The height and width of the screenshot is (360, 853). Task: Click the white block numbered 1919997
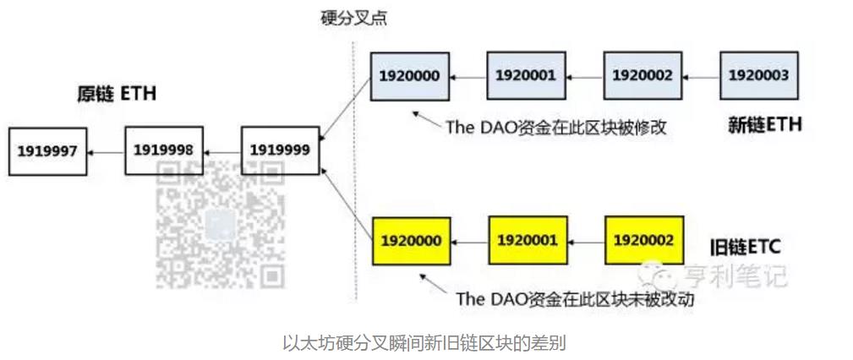[47, 151]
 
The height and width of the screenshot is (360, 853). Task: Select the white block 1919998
[164, 151]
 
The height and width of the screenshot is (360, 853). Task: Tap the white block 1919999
[280, 151]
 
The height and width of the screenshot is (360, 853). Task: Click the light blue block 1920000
[409, 76]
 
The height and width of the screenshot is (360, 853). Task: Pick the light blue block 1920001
[526, 76]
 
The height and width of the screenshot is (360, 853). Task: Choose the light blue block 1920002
[642, 76]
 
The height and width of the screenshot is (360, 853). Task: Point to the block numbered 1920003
[758, 76]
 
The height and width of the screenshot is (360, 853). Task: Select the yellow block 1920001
[527, 241]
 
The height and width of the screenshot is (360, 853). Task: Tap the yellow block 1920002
[644, 241]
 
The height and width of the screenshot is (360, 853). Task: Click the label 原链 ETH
[117, 94]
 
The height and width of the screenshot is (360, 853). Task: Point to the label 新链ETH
[764, 125]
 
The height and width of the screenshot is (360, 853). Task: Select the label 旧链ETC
[745, 247]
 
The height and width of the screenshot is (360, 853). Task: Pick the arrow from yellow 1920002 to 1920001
[585, 242]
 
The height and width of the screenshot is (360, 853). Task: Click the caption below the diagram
[424, 342]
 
